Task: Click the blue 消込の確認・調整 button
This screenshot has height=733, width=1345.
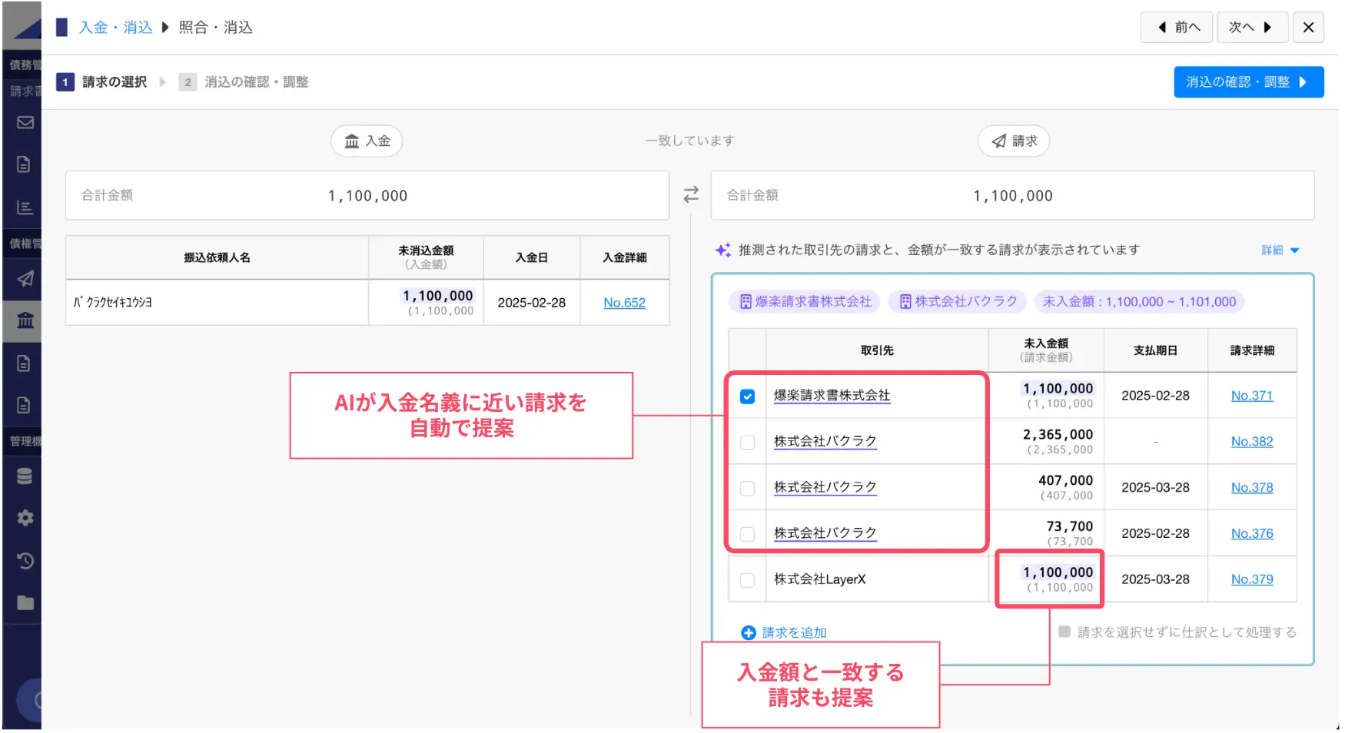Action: (1247, 82)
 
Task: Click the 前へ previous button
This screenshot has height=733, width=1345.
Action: (1177, 28)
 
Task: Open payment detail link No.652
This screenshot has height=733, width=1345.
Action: (624, 303)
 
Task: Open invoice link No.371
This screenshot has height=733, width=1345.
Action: (1251, 396)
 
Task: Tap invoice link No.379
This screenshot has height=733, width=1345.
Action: (1251, 579)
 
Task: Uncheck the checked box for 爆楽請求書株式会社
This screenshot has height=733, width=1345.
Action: (747, 396)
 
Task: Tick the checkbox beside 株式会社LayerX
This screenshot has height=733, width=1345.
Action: (747, 580)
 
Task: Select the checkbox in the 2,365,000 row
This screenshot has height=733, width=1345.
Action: (747, 443)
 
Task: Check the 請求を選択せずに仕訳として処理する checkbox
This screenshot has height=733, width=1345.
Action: (1064, 632)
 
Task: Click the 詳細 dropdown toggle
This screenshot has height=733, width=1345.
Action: (1280, 250)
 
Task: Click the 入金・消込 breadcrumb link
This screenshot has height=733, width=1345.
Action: (116, 28)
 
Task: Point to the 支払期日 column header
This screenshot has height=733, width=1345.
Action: (1155, 350)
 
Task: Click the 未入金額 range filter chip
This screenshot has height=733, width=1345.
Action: (1138, 302)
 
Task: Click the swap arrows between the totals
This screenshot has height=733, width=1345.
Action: (691, 194)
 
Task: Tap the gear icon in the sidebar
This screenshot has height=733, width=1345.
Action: (25, 518)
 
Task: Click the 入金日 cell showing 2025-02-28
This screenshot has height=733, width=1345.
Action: (531, 303)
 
